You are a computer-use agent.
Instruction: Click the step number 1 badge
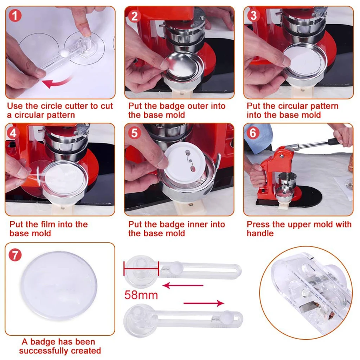pos(15,15)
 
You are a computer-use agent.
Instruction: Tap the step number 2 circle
pos(134,15)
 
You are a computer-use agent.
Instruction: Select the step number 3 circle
pos(253,15)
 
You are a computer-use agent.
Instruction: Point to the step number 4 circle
pos(14,133)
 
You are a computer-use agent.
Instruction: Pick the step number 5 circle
pos(134,133)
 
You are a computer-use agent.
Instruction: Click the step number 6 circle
pos(253,133)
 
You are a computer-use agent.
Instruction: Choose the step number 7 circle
pos(15,255)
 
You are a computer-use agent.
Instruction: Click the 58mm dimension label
pos(141,295)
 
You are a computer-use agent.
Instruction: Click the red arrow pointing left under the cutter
pos(182,285)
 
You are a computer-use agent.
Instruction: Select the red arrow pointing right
pos(204,303)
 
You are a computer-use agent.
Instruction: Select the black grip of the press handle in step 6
pos(334,141)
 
